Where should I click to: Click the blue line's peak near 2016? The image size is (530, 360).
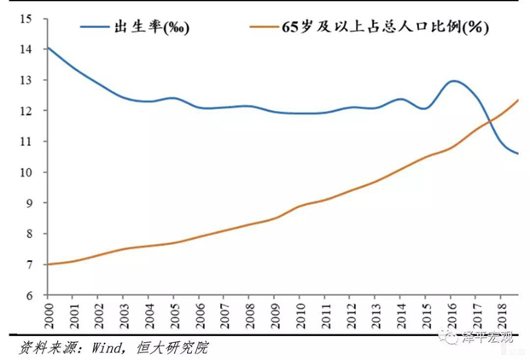coord(453,81)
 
